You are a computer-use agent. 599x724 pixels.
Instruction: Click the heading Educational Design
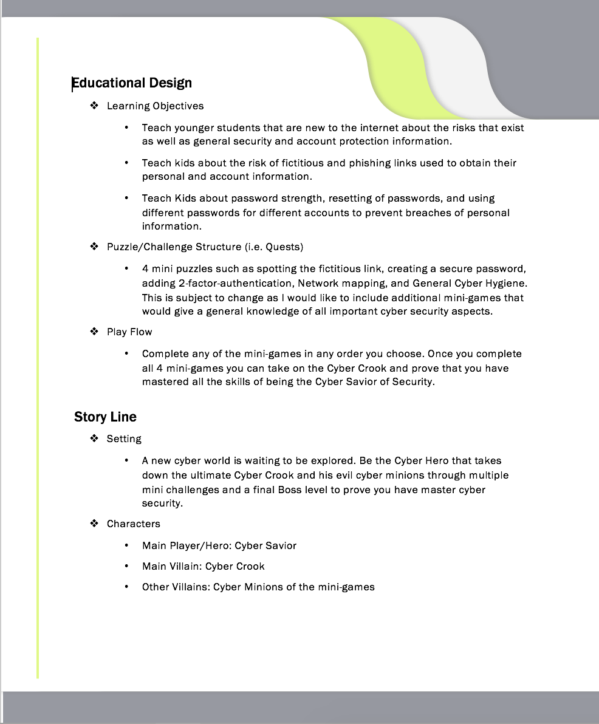click(x=132, y=83)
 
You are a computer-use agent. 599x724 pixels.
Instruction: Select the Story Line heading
click(x=105, y=417)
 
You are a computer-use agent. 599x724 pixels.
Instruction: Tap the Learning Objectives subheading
click(x=155, y=106)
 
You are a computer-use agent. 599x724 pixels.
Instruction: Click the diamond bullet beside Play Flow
click(x=94, y=331)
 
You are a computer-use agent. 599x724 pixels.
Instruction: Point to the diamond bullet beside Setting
click(x=94, y=438)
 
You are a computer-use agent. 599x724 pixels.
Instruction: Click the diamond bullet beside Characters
click(x=94, y=523)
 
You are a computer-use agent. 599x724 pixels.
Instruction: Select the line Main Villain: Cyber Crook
click(x=203, y=566)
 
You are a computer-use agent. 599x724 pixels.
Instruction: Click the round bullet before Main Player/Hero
click(x=126, y=545)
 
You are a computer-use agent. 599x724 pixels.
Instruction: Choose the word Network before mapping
click(x=318, y=283)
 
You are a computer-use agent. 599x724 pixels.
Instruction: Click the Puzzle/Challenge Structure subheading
click(x=174, y=247)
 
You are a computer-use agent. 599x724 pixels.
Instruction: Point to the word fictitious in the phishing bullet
click(x=304, y=163)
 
